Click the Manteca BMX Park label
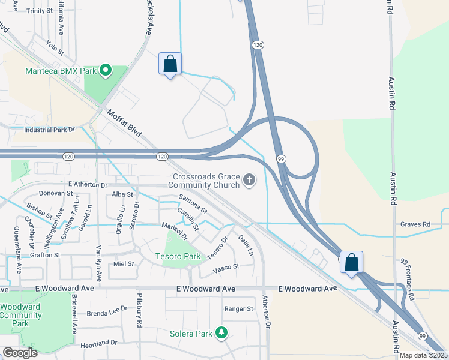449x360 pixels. [x=61, y=71]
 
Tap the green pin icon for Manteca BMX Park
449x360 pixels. [x=106, y=71]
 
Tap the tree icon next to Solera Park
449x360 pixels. [x=221, y=332]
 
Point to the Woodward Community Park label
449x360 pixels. [x=20, y=315]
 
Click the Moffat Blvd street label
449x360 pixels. [x=124, y=122]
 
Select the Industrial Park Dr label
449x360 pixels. [x=49, y=130]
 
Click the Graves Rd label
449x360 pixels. [x=415, y=224]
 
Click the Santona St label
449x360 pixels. [x=192, y=205]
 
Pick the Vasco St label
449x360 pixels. [x=227, y=266]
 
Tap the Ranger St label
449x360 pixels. [x=239, y=309]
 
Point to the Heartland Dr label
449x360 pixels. [x=98, y=343]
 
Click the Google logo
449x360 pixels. [x=20, y=352]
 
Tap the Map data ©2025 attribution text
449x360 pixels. [x=423, y=355]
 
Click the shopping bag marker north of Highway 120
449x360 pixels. [x=170, y=63]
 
